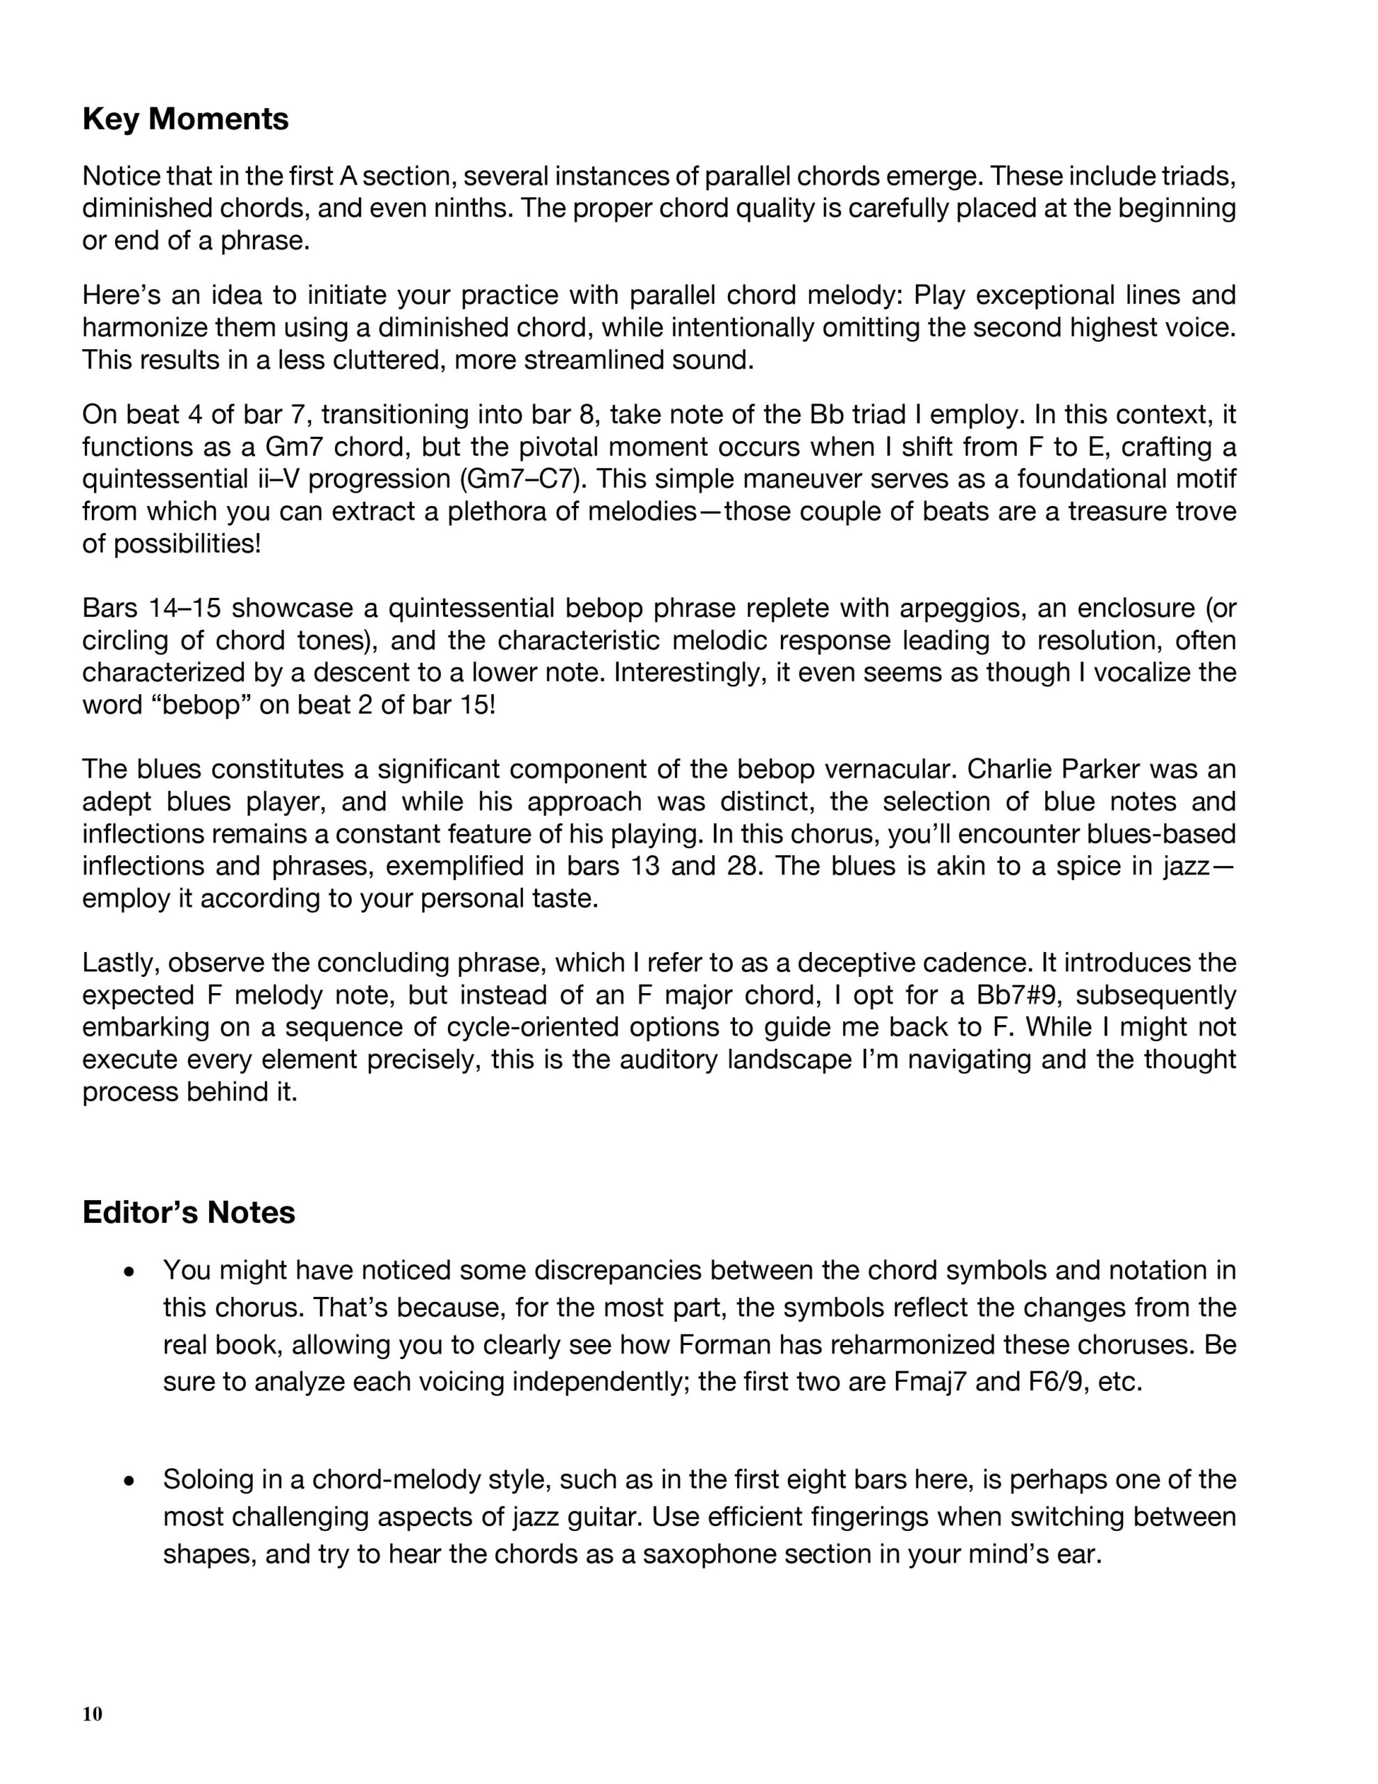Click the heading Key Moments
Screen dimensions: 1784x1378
185,119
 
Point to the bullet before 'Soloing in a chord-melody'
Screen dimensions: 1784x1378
127,1481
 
